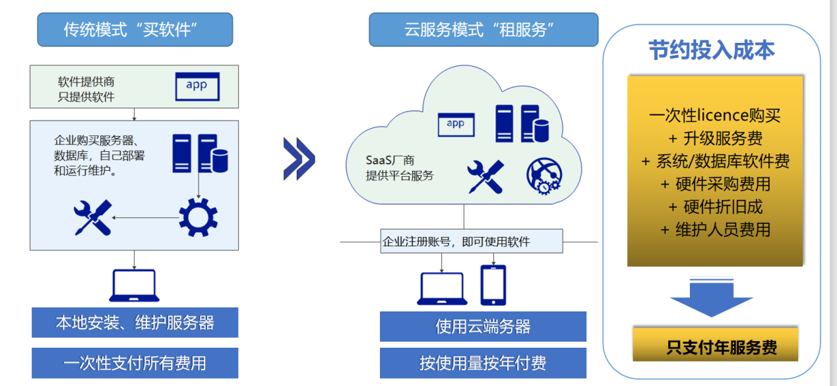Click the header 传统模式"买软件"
click(135, 30)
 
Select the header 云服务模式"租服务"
click(483, 30)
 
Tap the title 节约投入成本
click(712, 50)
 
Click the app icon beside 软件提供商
click(197, 86)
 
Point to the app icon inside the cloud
click(456, 125)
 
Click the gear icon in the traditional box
click(198, 218)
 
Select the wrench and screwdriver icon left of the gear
click(92, 218)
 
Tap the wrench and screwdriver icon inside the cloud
click(485, 177)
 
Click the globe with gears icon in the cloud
click(544, 176)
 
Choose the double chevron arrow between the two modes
click(299, 159)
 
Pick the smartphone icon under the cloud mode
click(493, 285)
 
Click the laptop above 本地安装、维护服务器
click(134, 286)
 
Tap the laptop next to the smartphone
click(442, 288)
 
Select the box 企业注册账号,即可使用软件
click(472, 241)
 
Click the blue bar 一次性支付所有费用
click(135, 363)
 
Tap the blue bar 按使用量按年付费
click(483, 363)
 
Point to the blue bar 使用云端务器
click(483, 326)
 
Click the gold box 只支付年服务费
click(715, 344)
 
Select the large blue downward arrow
click(712, 297)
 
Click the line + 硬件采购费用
click(715, 184)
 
